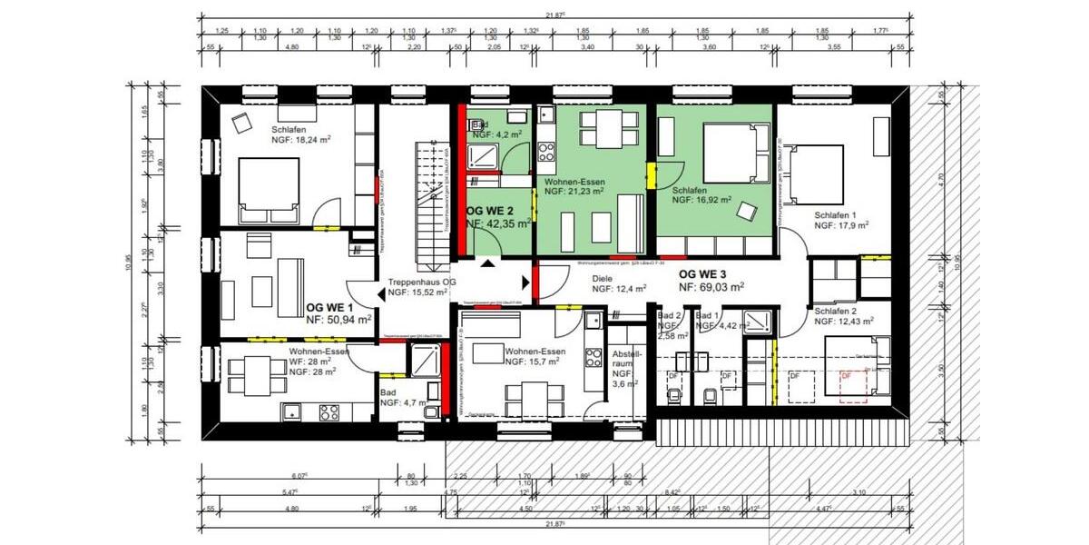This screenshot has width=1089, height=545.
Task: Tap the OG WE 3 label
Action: tap(703, 273)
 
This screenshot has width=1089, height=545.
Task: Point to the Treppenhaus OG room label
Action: tap(417, 282)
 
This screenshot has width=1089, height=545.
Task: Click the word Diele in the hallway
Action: tap(603, 279)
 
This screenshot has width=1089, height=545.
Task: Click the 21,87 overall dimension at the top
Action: tap(554, 15)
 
